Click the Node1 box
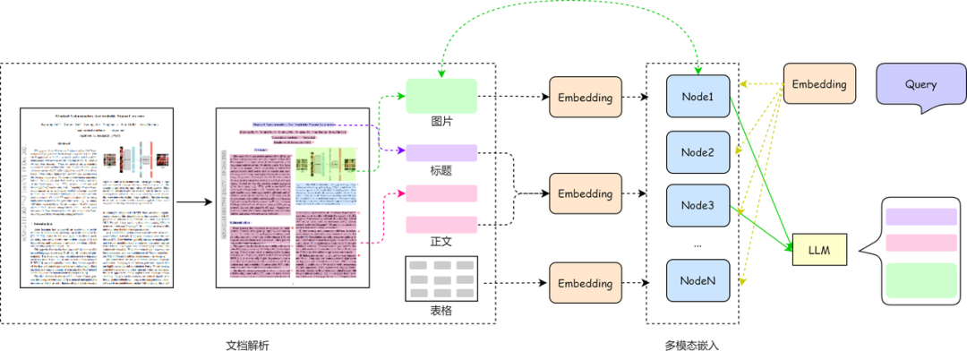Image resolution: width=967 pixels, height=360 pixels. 697,97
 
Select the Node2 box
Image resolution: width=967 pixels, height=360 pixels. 697,151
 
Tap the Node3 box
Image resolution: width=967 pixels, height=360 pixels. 697,205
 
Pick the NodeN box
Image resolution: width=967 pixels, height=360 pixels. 697,280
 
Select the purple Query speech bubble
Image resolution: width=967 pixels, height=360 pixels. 920,86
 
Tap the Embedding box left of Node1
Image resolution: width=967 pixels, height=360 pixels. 585,98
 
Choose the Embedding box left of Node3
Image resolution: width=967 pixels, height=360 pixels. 585,193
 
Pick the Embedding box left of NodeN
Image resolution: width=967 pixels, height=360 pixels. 585,283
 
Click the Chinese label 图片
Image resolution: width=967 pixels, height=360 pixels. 441,122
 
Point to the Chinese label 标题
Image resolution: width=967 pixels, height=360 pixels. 441,170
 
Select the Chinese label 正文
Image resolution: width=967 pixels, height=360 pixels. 441,242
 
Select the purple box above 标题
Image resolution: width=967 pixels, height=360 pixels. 441,152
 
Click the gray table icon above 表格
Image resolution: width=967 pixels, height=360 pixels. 441,278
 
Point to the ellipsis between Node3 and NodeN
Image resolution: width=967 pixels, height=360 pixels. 697,244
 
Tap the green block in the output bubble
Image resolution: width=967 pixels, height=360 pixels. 920,280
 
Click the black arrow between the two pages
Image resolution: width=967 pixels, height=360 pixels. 194,201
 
